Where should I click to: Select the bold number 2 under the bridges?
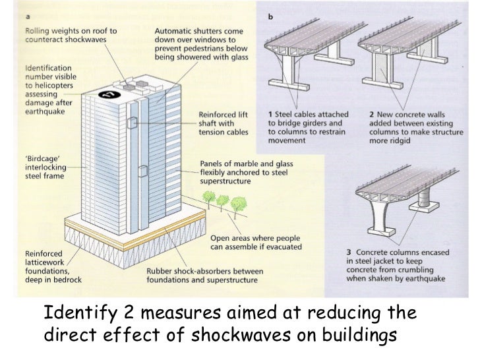pos(372,114)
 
